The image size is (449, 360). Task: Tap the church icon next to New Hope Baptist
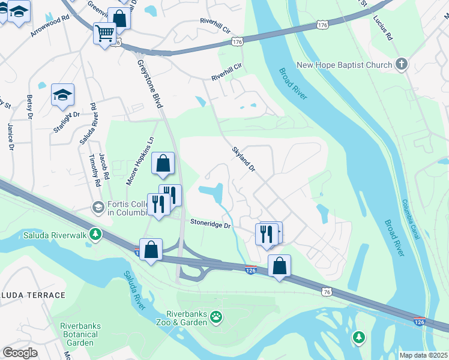(401, 64)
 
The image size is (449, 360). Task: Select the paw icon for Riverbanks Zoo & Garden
(215, 316)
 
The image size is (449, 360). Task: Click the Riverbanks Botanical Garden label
(80, 334)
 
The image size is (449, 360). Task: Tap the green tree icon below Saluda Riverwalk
(94, 233)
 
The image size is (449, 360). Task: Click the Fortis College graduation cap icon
(97, 207)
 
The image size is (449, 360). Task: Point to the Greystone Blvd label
(149, 83)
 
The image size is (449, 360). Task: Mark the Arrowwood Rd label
(50, 28)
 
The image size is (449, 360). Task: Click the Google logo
(20, 352)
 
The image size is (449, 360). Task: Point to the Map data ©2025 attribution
(423, 355)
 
